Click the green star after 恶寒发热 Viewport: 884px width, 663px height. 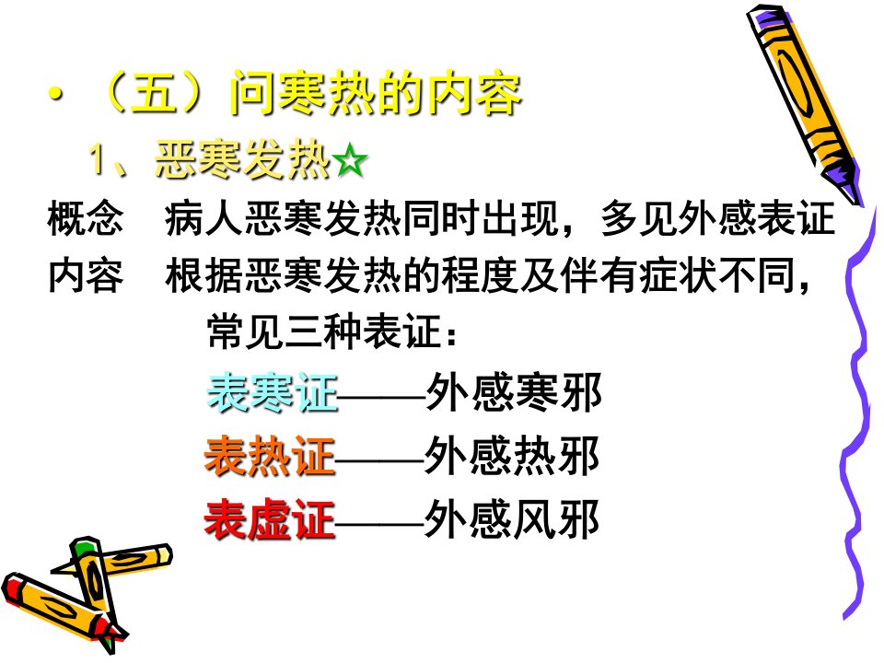pyautogui.click(x=350, y=160)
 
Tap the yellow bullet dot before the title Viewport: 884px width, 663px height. pyautogui.click(x=56, y=94)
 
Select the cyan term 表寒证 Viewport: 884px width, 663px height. pyautogui.click(x=273, y=392)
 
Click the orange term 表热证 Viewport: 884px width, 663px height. pyautogui.click(x=270, y=456)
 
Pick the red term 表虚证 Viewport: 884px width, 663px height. pyautogui.click(x=270, y=519)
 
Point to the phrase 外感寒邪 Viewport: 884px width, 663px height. pyautogui.click(x=514, y=392)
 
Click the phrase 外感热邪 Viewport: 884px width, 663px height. pyautogui.click(x=512, y=456)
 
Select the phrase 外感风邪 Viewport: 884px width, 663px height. pyautogui.click(x=512, y=519)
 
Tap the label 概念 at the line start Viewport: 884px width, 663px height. pyautogui.click(x=85, y=218)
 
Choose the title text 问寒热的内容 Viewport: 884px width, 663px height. pyautogui.click(x=376, y=94)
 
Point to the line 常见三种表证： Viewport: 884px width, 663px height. pyautogui.click(x=332, y=331)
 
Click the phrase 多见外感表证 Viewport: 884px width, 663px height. pyautogui.click(x=717, y=218)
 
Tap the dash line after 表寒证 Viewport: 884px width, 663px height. pyautogui.click(x=381, y=396)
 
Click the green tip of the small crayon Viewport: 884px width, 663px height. pyautogui.click(x=83, y=546)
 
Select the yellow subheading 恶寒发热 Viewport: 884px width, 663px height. pyautogui.click(x=242, y=160)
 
